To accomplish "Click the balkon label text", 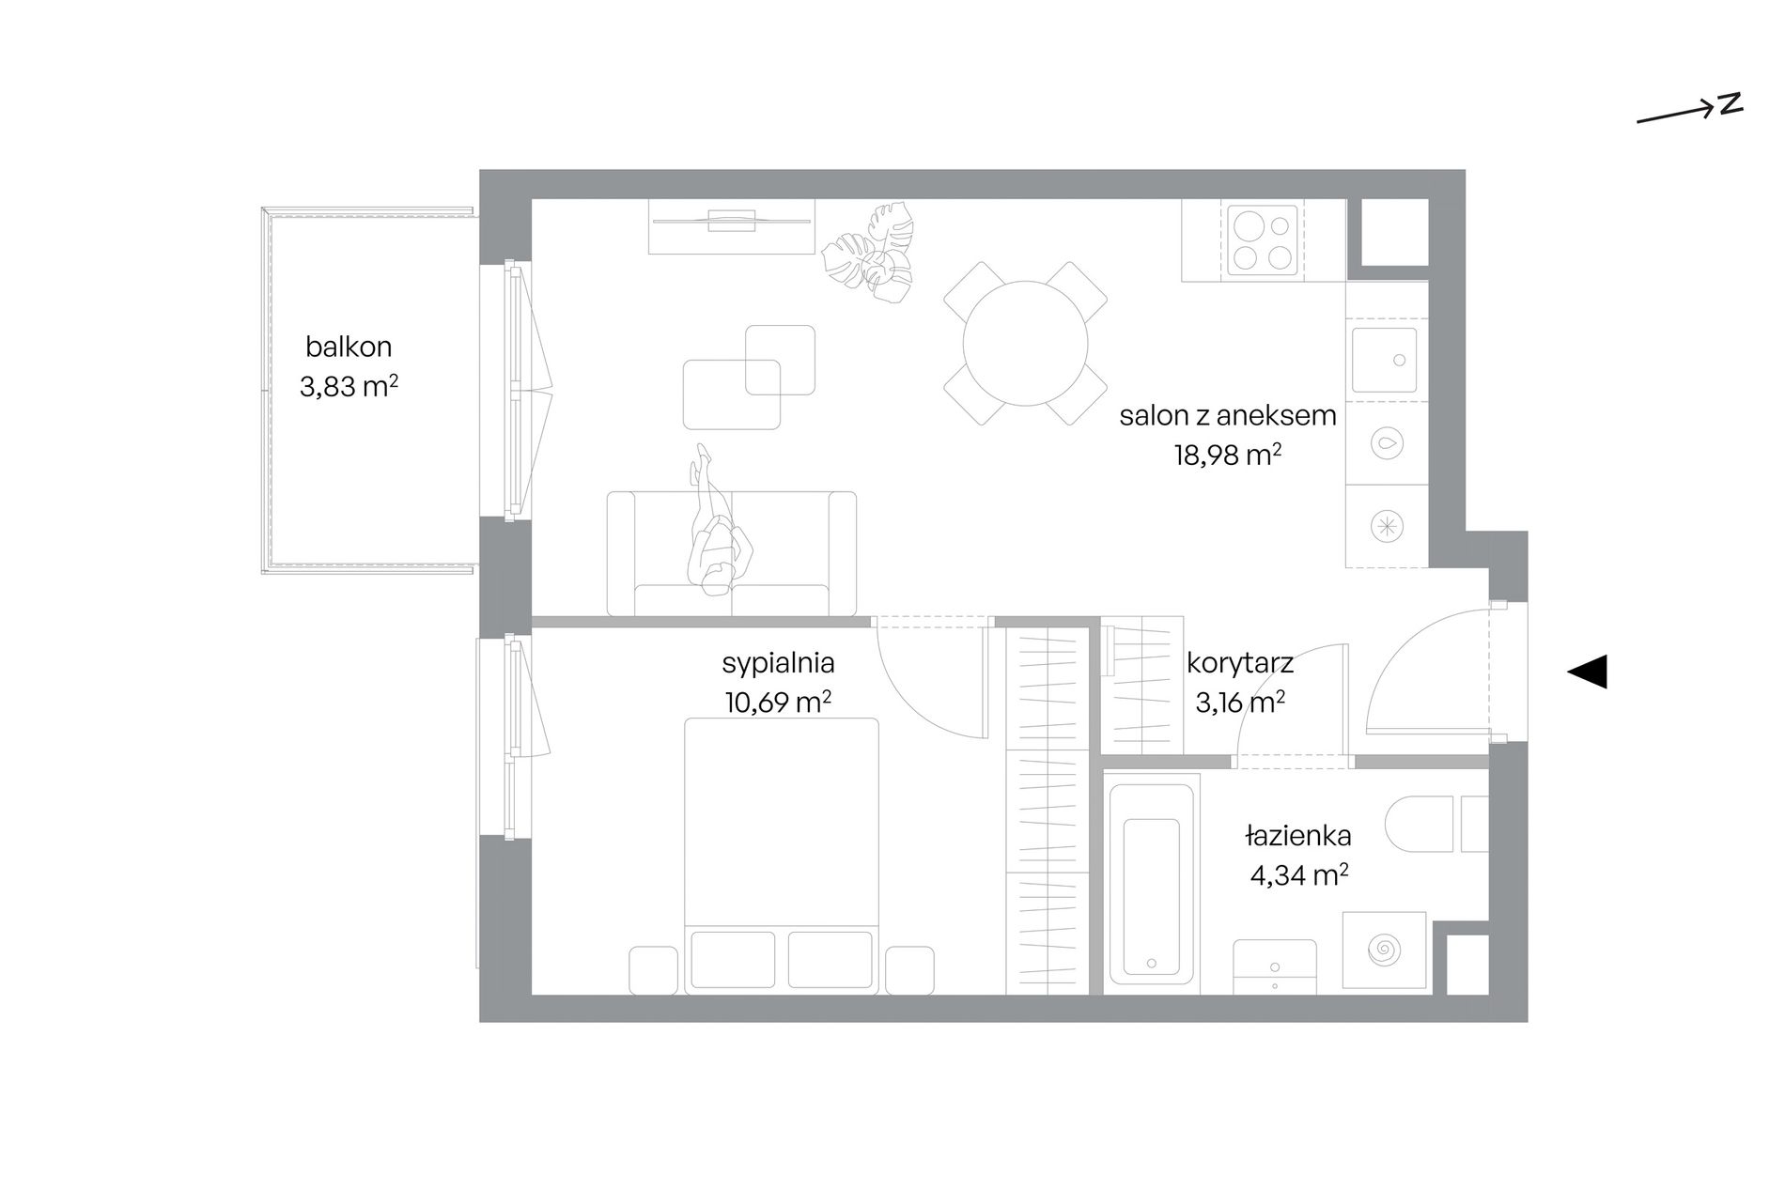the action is tap(349, 347).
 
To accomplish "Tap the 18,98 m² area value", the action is tap(1228, 455).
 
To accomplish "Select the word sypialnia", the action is tap(778, 663).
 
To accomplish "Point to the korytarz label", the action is tap(1240, 663).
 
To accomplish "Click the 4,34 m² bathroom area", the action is tap(1299, 874).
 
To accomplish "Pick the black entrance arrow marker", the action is tap(1587, 672).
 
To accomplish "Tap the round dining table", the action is tap(1025, 343).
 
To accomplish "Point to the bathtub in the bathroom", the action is tap(1151, 884).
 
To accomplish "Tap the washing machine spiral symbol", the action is tap(1384, 950).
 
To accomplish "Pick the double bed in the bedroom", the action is tap(781, 855).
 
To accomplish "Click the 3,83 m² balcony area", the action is tap(349, 386).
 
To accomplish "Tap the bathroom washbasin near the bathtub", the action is tap(1274, 966).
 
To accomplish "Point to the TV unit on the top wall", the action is tap(731, 226).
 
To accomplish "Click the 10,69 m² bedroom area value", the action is tap(778, 702).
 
